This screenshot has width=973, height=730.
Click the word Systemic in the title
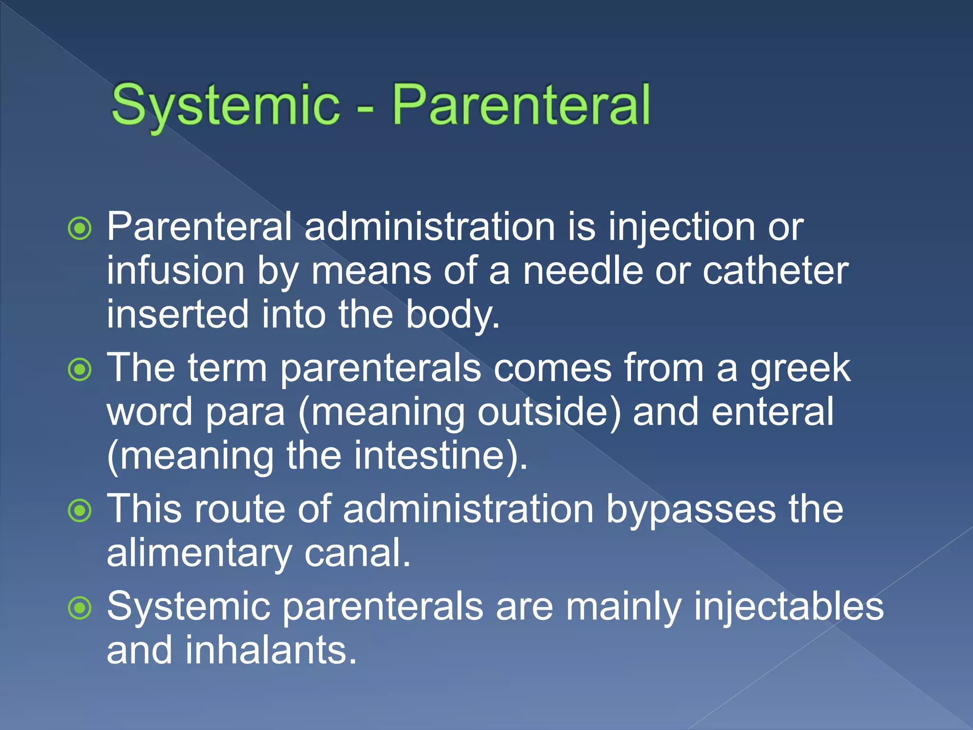tap(225, 106)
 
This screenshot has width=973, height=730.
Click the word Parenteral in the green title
tap(521, 106)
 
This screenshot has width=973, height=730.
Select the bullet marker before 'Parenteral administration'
tap(80, 229)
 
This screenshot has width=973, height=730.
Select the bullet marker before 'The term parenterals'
tap(80, 370)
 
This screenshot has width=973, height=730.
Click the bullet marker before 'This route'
tap(80, 511)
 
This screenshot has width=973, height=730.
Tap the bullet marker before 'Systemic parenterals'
tap(80, 608)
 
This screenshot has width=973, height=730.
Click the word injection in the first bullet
tap(681, 227)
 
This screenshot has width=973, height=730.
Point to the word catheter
tap(775, 271)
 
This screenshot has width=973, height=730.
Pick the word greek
tap(801, 368)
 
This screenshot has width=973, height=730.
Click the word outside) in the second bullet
tap(549, 412)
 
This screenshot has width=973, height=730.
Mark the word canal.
tap(357, 554)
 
